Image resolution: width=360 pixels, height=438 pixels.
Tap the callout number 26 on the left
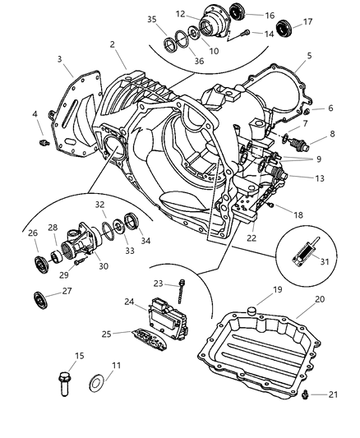(33, 233)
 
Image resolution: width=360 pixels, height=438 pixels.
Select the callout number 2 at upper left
(111, 44)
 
